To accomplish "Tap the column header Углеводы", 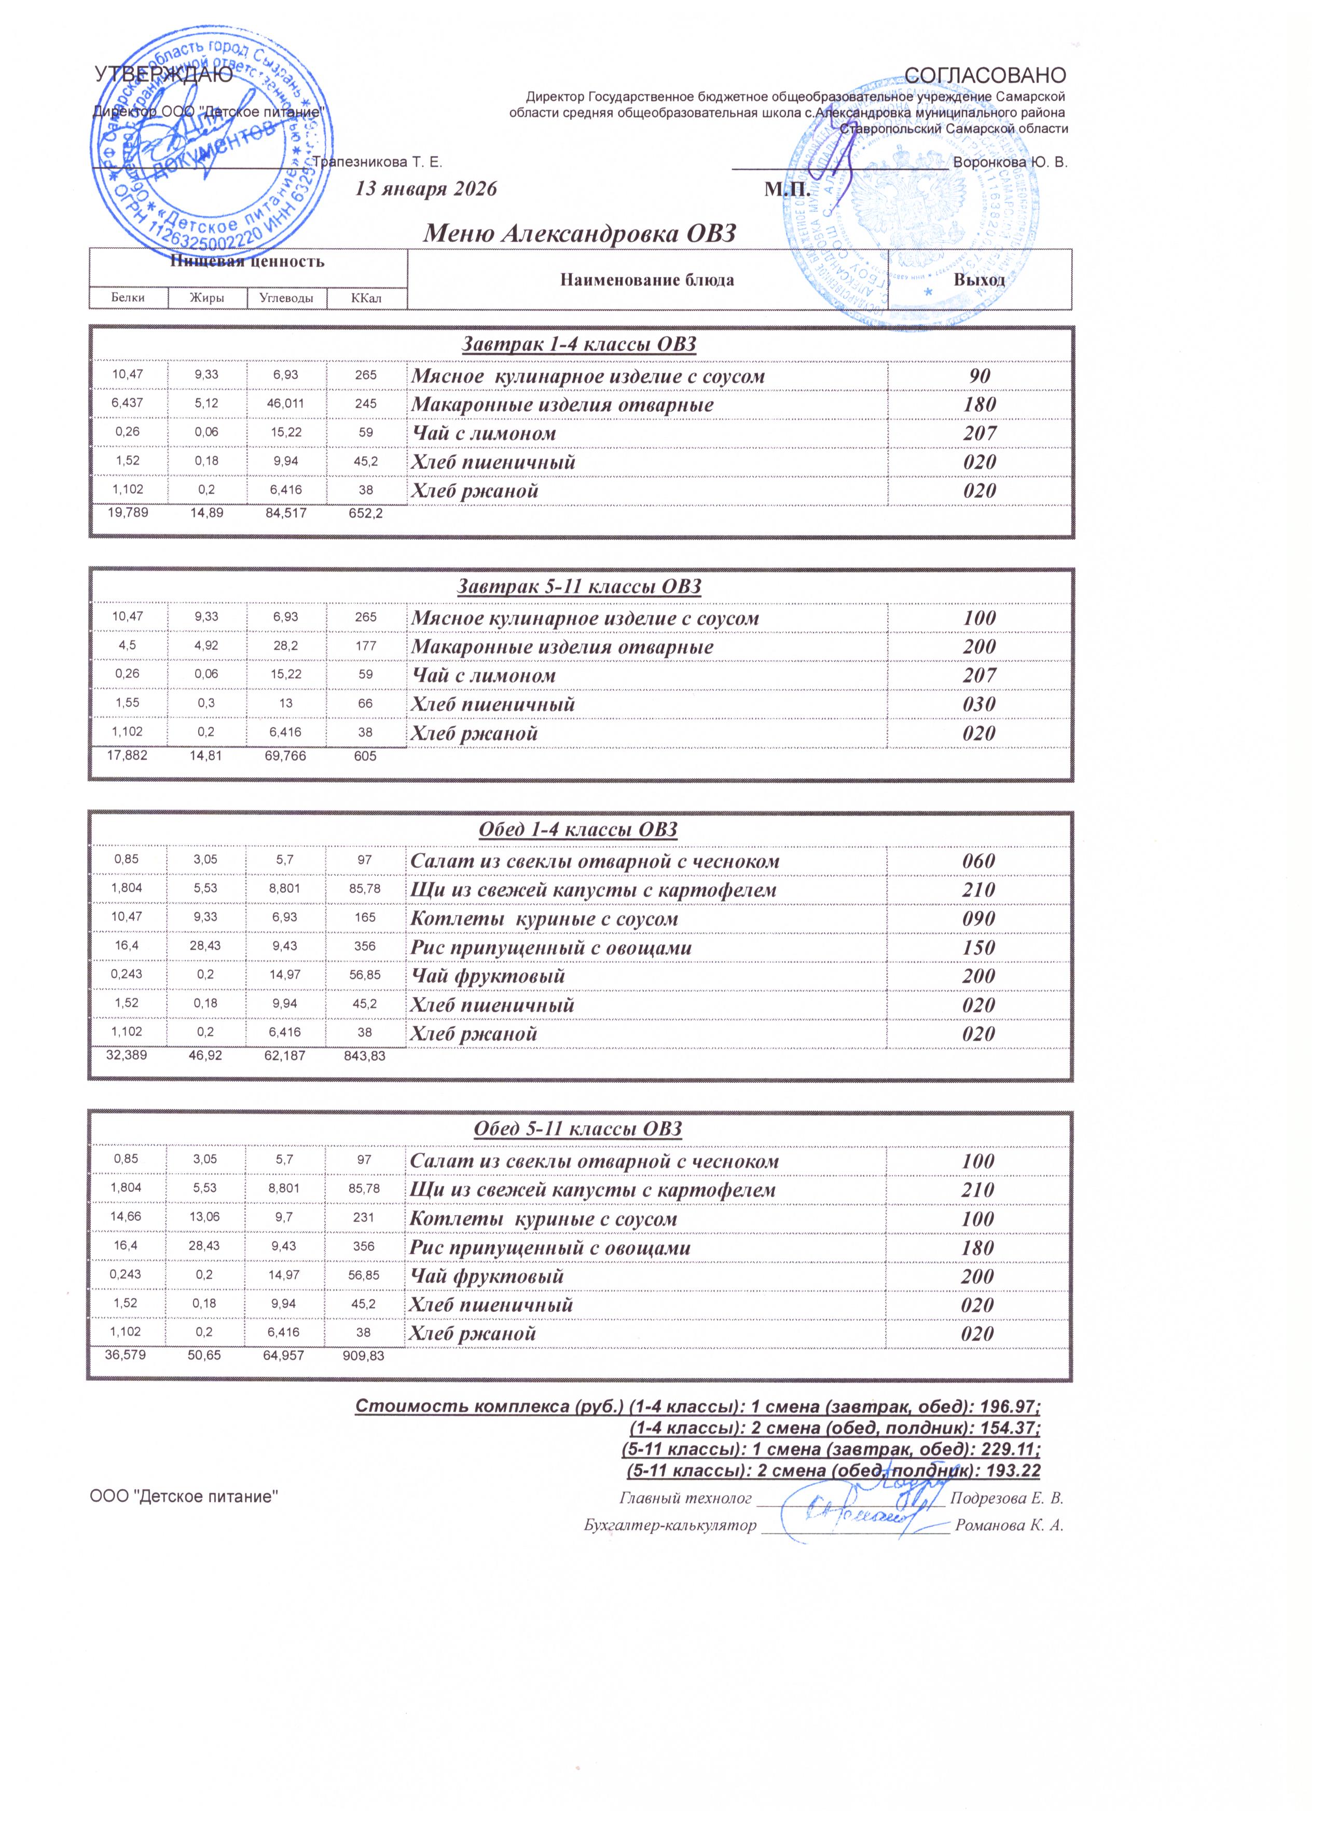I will [x=286, y=298].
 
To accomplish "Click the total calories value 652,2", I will [x=364, y=514].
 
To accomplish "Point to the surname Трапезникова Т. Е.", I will [x=377, y=162].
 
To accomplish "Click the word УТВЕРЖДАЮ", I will [x=164, y=75].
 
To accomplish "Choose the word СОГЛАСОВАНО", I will [x=985, y=75].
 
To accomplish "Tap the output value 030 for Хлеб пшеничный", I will [x=980, y=704].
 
